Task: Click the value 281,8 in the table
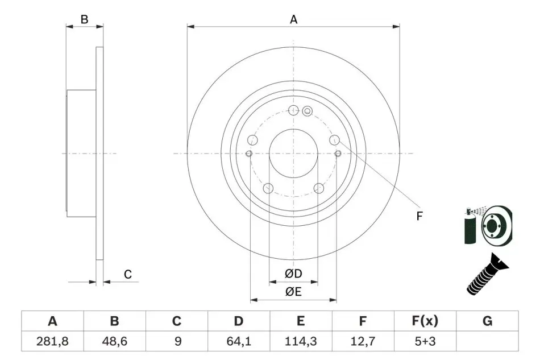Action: tap(52, 341)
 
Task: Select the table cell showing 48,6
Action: tap(115, 341)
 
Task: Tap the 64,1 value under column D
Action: tap(239, 341)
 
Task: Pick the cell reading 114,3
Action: tap(301, 341)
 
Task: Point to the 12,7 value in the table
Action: tap(363, 341)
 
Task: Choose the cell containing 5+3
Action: tap(425, 341)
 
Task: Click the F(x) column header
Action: tap(425, 321)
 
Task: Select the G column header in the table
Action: tap(487, 321)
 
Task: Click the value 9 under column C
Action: tap(178, 341)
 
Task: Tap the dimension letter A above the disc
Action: tap(293, 19)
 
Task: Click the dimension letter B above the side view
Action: tap(84, 19)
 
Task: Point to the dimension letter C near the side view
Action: tap(128, 275)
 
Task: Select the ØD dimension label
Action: tap(293, 274)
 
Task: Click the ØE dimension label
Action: tap(293, 292)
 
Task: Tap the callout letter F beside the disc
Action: tap(419, 216)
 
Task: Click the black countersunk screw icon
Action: tap(487, 274)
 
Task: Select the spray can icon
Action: tap(471, 226)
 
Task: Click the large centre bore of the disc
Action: tap(293, 154)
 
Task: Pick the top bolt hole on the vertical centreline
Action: tap(293, 110)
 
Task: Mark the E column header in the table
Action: tap(301, 321)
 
